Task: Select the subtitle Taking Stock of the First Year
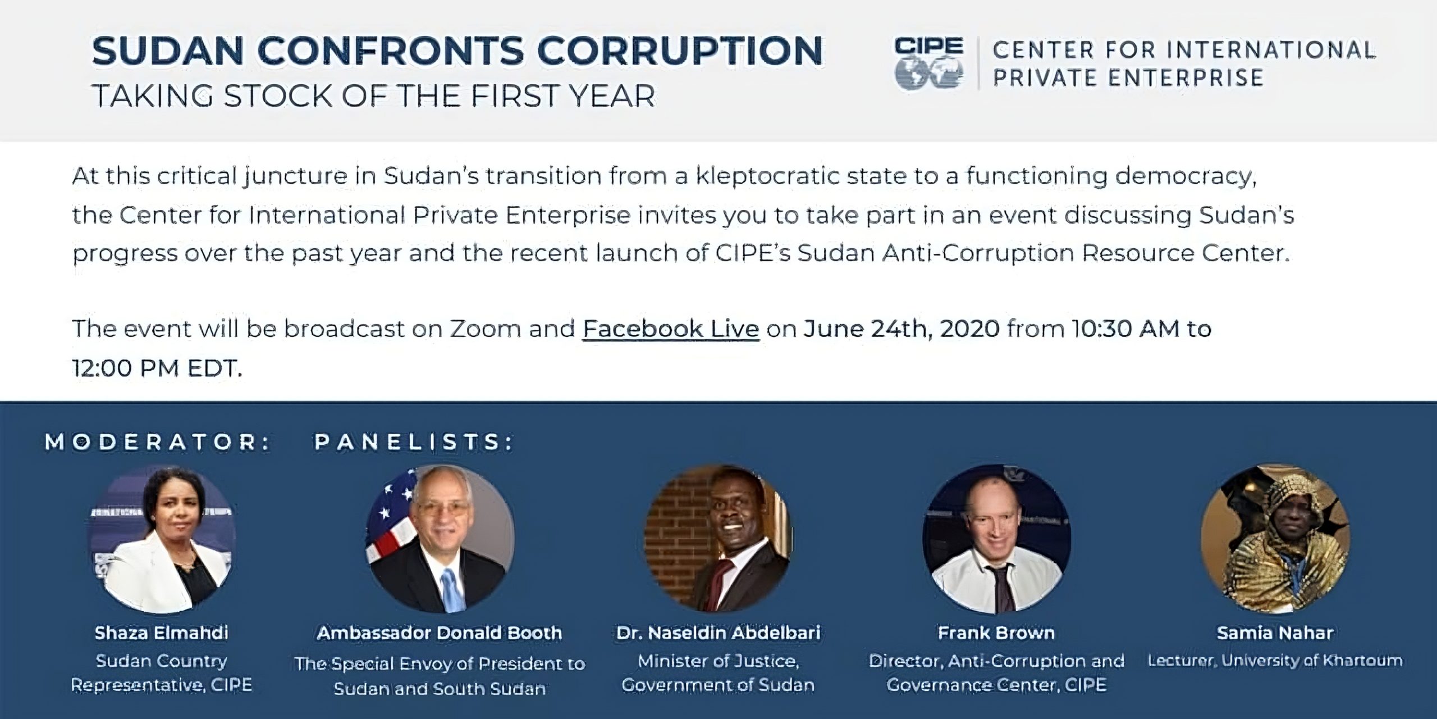[x=373, y=96]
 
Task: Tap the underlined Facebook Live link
[x=671, y=329]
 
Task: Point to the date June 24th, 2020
[x=901, y=329]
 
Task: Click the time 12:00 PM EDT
[x=157, y=368]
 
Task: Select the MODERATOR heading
[x=158, y=442]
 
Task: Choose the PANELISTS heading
[x=414, y=442]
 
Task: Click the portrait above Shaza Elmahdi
[x=162, y=539]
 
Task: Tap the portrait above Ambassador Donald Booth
[x=440, y=539]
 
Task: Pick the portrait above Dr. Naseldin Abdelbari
[x=718, y=539]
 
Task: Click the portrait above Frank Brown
[x=997, y=539]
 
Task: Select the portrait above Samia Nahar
[x=1275, y=539]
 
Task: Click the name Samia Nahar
[x=1275, y=633]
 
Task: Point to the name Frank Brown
[x=996, y=633]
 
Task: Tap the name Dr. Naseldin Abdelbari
[x=718, y=633]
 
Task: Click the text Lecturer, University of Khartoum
[x=1275, y=661]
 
